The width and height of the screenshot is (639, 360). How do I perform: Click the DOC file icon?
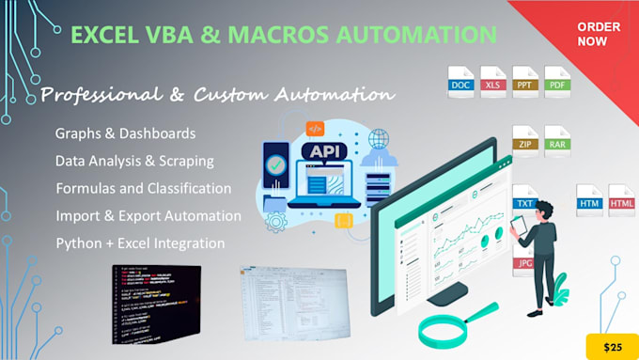460,82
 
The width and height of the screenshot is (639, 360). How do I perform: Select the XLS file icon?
493,82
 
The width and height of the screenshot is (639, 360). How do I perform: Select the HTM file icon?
589,200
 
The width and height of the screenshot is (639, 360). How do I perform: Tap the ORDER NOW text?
597,34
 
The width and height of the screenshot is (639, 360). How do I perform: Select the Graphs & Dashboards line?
125,133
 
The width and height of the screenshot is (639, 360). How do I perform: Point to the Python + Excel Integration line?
140,243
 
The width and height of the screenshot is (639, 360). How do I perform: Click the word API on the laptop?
321,150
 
